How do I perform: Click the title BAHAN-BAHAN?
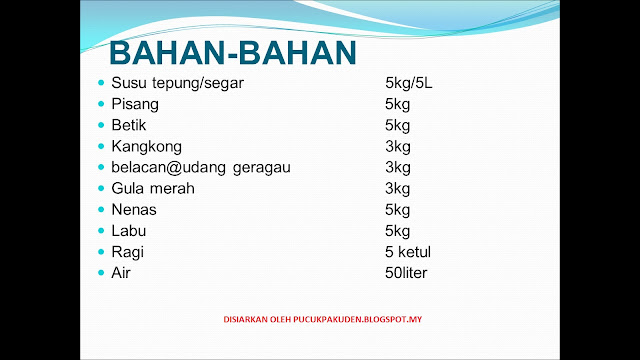233,53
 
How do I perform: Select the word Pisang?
135,104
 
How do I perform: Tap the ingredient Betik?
129,125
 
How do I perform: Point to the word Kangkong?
147,147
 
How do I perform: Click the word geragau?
262,168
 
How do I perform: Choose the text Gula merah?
153,189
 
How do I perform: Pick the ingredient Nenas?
134,210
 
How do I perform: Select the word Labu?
129,231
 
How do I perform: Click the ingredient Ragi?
127,253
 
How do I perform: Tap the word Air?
121,273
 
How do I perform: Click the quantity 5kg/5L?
409,83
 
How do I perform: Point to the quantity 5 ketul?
408,252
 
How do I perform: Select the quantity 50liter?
406,273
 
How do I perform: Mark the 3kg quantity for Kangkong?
398,147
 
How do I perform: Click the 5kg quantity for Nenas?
398,210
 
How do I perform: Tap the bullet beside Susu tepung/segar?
101,83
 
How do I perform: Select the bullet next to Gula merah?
101,188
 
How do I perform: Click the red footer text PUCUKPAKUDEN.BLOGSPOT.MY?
358,319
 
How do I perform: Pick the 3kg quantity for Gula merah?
398,189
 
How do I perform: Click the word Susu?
130,83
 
